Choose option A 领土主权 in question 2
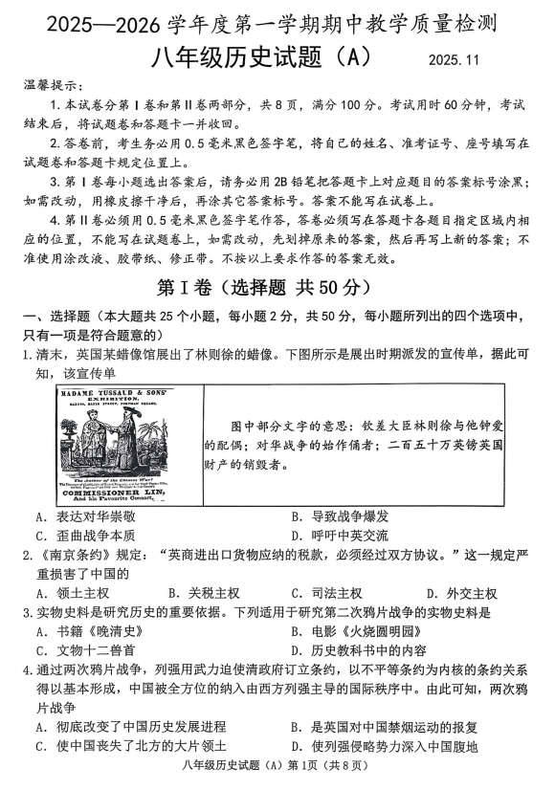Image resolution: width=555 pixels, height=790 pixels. click(73, 593)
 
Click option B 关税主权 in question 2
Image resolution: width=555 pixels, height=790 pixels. click(201, 593)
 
